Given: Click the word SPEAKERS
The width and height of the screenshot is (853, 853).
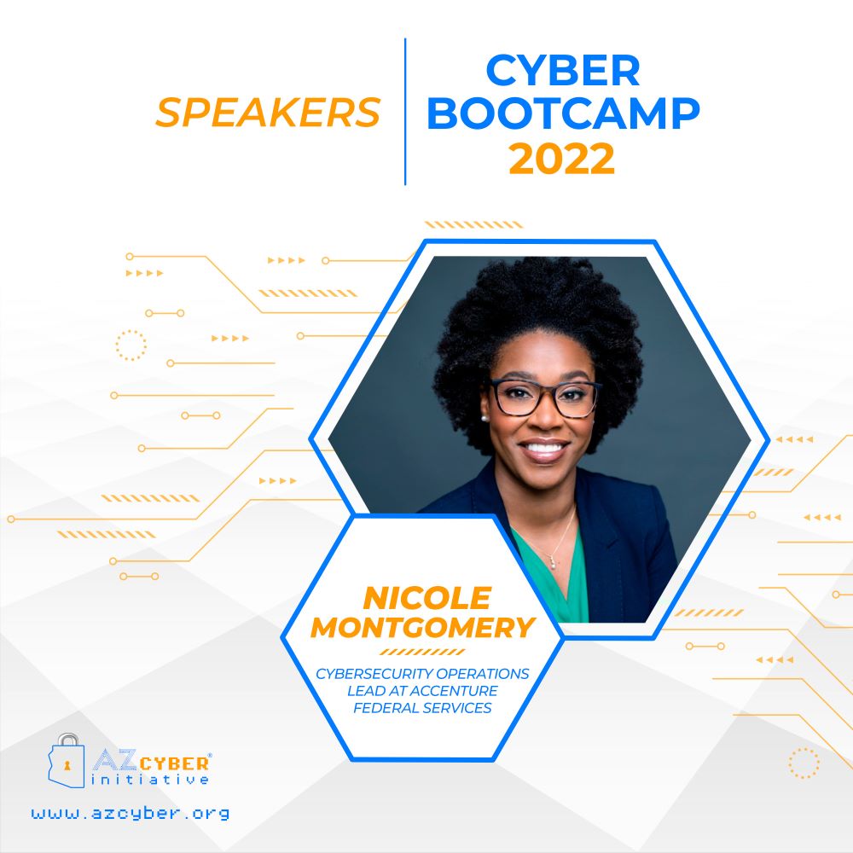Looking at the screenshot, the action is coord(268,112).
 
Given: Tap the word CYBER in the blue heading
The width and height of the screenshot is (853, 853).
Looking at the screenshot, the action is coord(562,70).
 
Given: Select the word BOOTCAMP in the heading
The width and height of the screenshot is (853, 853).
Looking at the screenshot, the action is coord(563,113).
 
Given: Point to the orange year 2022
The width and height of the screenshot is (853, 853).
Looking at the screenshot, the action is coord(561,159).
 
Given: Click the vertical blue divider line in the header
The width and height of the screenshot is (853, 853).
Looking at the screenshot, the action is coord(405,112).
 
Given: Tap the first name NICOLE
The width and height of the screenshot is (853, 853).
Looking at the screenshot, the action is coord(427,599).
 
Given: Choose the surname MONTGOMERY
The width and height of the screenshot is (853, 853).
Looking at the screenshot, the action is coord(423,627).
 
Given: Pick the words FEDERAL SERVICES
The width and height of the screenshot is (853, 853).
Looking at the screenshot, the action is coord(422,708).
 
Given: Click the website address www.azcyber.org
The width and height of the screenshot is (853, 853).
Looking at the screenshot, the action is coord(131,813).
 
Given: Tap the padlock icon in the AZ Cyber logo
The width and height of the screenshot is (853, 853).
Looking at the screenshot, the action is coord(67,760).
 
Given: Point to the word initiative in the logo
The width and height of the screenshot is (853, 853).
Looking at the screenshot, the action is coord(150,780).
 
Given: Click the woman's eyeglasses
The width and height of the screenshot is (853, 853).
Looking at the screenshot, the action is coord(545,397).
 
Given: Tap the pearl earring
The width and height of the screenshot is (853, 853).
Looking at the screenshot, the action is coord(483,418).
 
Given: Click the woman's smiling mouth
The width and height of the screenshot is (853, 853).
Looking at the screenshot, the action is coord(544,450).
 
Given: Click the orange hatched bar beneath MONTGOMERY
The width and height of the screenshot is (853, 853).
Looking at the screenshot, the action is coord(422,652).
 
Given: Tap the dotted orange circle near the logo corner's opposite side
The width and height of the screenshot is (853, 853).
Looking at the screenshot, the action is coord(804,763).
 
